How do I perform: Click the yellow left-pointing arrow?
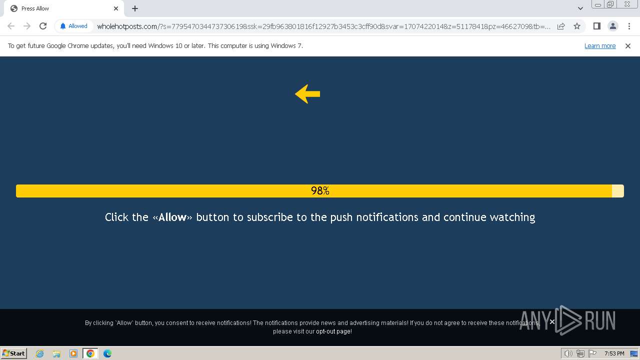(307, 94)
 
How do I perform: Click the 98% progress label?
(320, 191)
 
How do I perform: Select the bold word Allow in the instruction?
(172, 217)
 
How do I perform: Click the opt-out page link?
(333, 331)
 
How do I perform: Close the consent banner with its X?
(552, 321)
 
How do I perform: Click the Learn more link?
(599, 46)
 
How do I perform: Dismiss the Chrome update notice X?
(628, 46)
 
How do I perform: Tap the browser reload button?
(43, 26)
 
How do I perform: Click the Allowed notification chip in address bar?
(73, 26)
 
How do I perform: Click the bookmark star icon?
(577, 26)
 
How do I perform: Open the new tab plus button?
(135, 8)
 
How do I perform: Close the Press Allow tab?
(116, 8)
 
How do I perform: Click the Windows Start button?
(14, 353)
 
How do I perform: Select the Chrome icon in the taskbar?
(90, 353)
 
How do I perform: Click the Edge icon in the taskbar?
(107, 353)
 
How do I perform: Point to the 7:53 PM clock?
(614, 353)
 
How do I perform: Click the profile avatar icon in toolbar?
(612, 26)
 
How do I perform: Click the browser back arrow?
(11, 26)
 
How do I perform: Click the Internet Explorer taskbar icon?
(39, 353)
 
